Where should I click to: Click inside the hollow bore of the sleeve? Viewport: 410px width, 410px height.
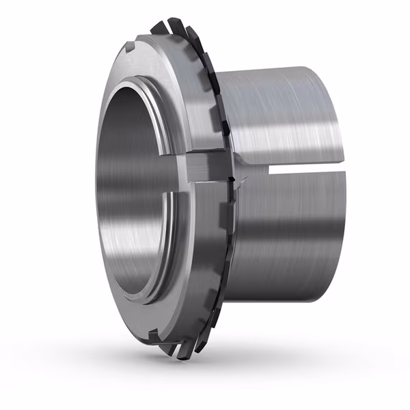pyautogui.click(x=133, y=191)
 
